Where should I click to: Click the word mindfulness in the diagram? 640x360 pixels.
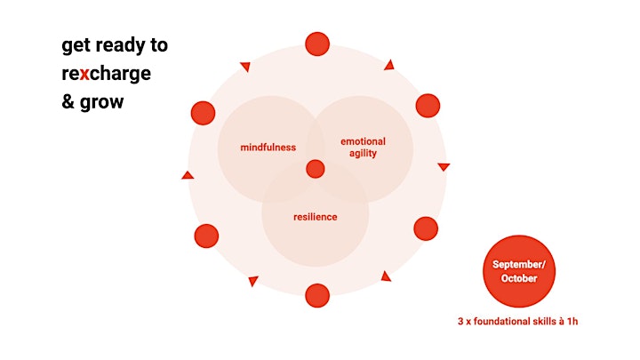tap(268, 148)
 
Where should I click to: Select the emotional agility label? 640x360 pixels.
tap(363, 148)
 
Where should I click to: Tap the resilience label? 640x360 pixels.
tap(315, 217)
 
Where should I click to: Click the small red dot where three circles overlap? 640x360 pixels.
tap(315, 169)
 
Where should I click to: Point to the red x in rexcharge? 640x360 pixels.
tap(84, 74)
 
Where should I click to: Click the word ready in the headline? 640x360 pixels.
tap(120, 45)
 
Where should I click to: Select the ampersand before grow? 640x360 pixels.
tap(68, 101)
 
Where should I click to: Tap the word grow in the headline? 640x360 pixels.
tap(101, 103)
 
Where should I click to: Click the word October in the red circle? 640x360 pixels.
tap(519, 278)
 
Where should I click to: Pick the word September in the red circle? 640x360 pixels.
tap(519, 265)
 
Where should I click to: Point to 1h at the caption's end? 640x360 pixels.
tap(572, 321)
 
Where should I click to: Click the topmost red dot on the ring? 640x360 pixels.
tap(317, 44)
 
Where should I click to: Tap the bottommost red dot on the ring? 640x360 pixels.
tap(317, 295)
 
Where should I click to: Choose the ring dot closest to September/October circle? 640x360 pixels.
tap(426, 228)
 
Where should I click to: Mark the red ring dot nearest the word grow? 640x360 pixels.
tap(203, 113)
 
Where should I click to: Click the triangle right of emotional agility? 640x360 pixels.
tap(444, 166)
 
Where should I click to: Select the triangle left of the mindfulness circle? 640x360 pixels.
tap(188, 175)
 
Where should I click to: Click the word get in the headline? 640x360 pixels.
tap(75, 45)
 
